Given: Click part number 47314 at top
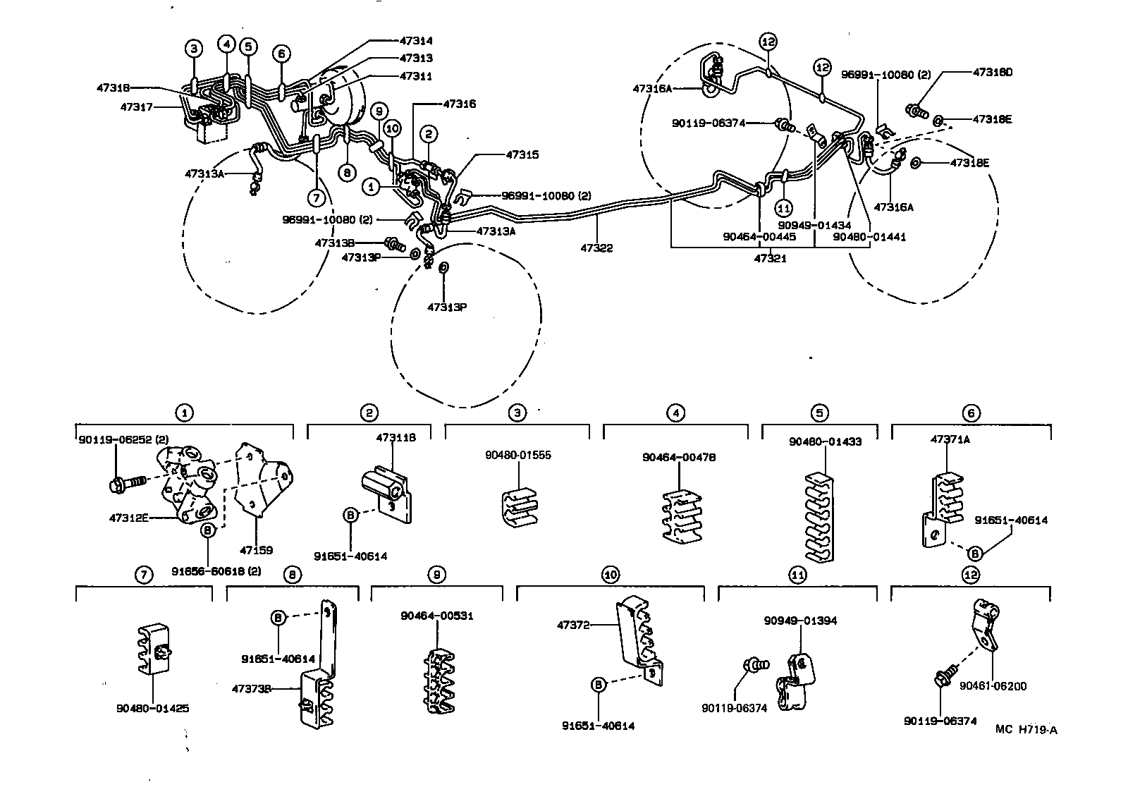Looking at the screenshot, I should point(416,41).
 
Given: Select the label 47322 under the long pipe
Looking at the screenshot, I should point(596,248).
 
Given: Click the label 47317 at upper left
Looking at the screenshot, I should point(137,107).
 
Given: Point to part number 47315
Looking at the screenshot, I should point(522,154).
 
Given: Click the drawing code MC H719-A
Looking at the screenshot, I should point(1026,730).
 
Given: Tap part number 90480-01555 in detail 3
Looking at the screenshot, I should point(517,455).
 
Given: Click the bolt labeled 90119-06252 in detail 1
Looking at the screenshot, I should point(127,483).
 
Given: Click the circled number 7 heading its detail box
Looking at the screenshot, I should point(143,575).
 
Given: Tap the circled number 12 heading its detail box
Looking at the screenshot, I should point(971,575).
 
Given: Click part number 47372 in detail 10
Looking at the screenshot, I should point(571,625).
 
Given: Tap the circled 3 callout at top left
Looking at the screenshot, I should point(194,48).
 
